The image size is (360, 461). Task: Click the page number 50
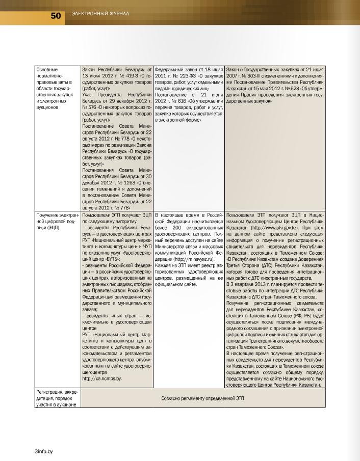(56, 16)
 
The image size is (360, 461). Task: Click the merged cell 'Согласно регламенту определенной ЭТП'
(203, 398)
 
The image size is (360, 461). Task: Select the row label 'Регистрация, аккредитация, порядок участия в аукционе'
(56, 398)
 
